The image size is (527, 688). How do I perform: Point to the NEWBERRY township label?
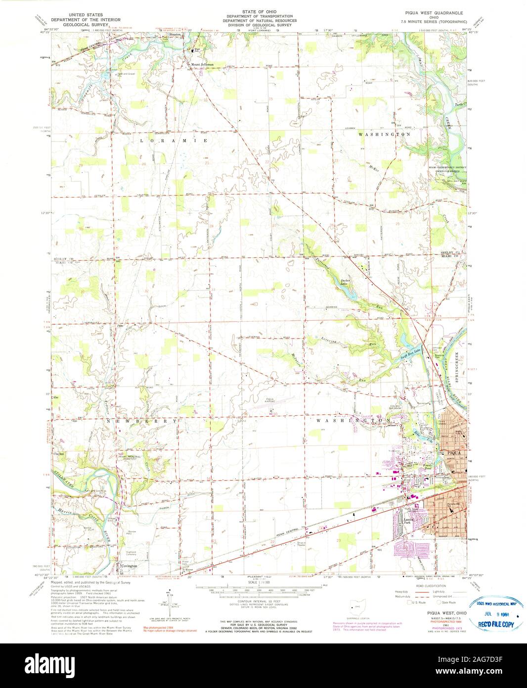click(x=141, y=420)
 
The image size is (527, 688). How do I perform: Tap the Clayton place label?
click(x=59, y=452)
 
